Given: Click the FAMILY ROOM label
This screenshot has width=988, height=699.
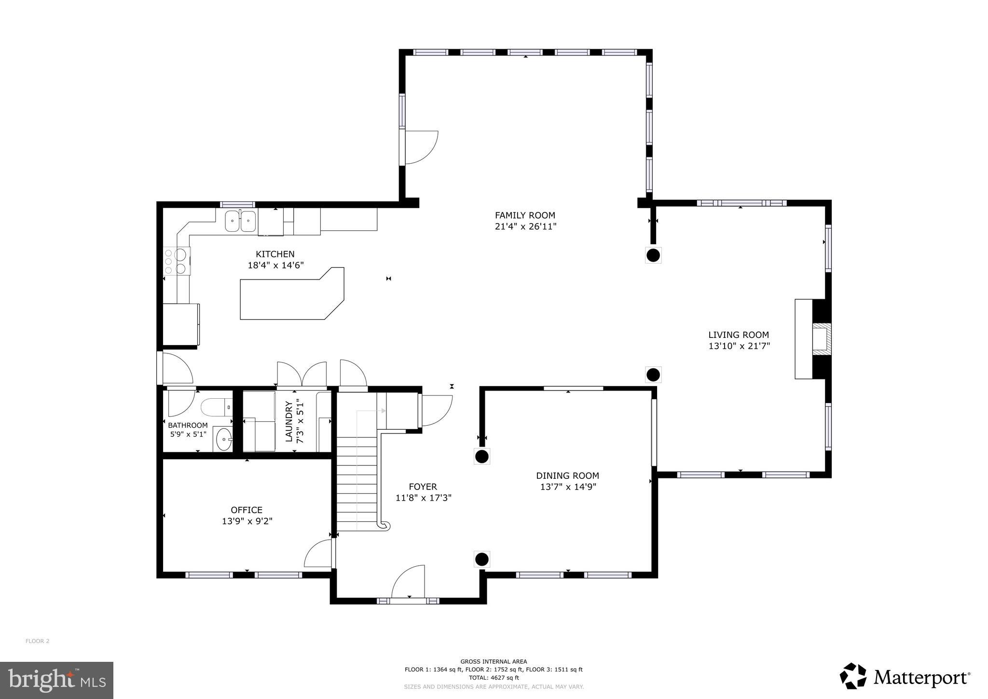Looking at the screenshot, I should point(525,215).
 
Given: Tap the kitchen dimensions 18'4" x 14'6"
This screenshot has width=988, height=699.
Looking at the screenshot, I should point(275,265).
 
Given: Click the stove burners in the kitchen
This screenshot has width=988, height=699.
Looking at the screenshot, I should point(176,261).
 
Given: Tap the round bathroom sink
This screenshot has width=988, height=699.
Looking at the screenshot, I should point(224,440).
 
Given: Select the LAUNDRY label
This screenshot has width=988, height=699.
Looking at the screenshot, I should point(289,421).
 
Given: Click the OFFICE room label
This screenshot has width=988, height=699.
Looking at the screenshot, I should point(247,510).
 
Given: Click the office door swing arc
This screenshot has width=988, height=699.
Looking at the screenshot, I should point(318,554).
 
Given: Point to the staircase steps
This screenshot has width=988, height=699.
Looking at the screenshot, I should point(357,483).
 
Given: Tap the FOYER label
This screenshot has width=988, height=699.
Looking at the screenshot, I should point(423,487).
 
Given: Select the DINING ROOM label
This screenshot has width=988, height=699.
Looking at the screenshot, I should point(567,475).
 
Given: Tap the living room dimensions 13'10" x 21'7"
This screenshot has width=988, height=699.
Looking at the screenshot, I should point(739,346).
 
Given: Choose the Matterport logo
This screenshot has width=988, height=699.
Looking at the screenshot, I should point(905,677).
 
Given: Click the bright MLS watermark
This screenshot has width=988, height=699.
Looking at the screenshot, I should point(56,680).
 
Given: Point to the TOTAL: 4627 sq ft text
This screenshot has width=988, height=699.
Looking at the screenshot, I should point(494,678).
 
